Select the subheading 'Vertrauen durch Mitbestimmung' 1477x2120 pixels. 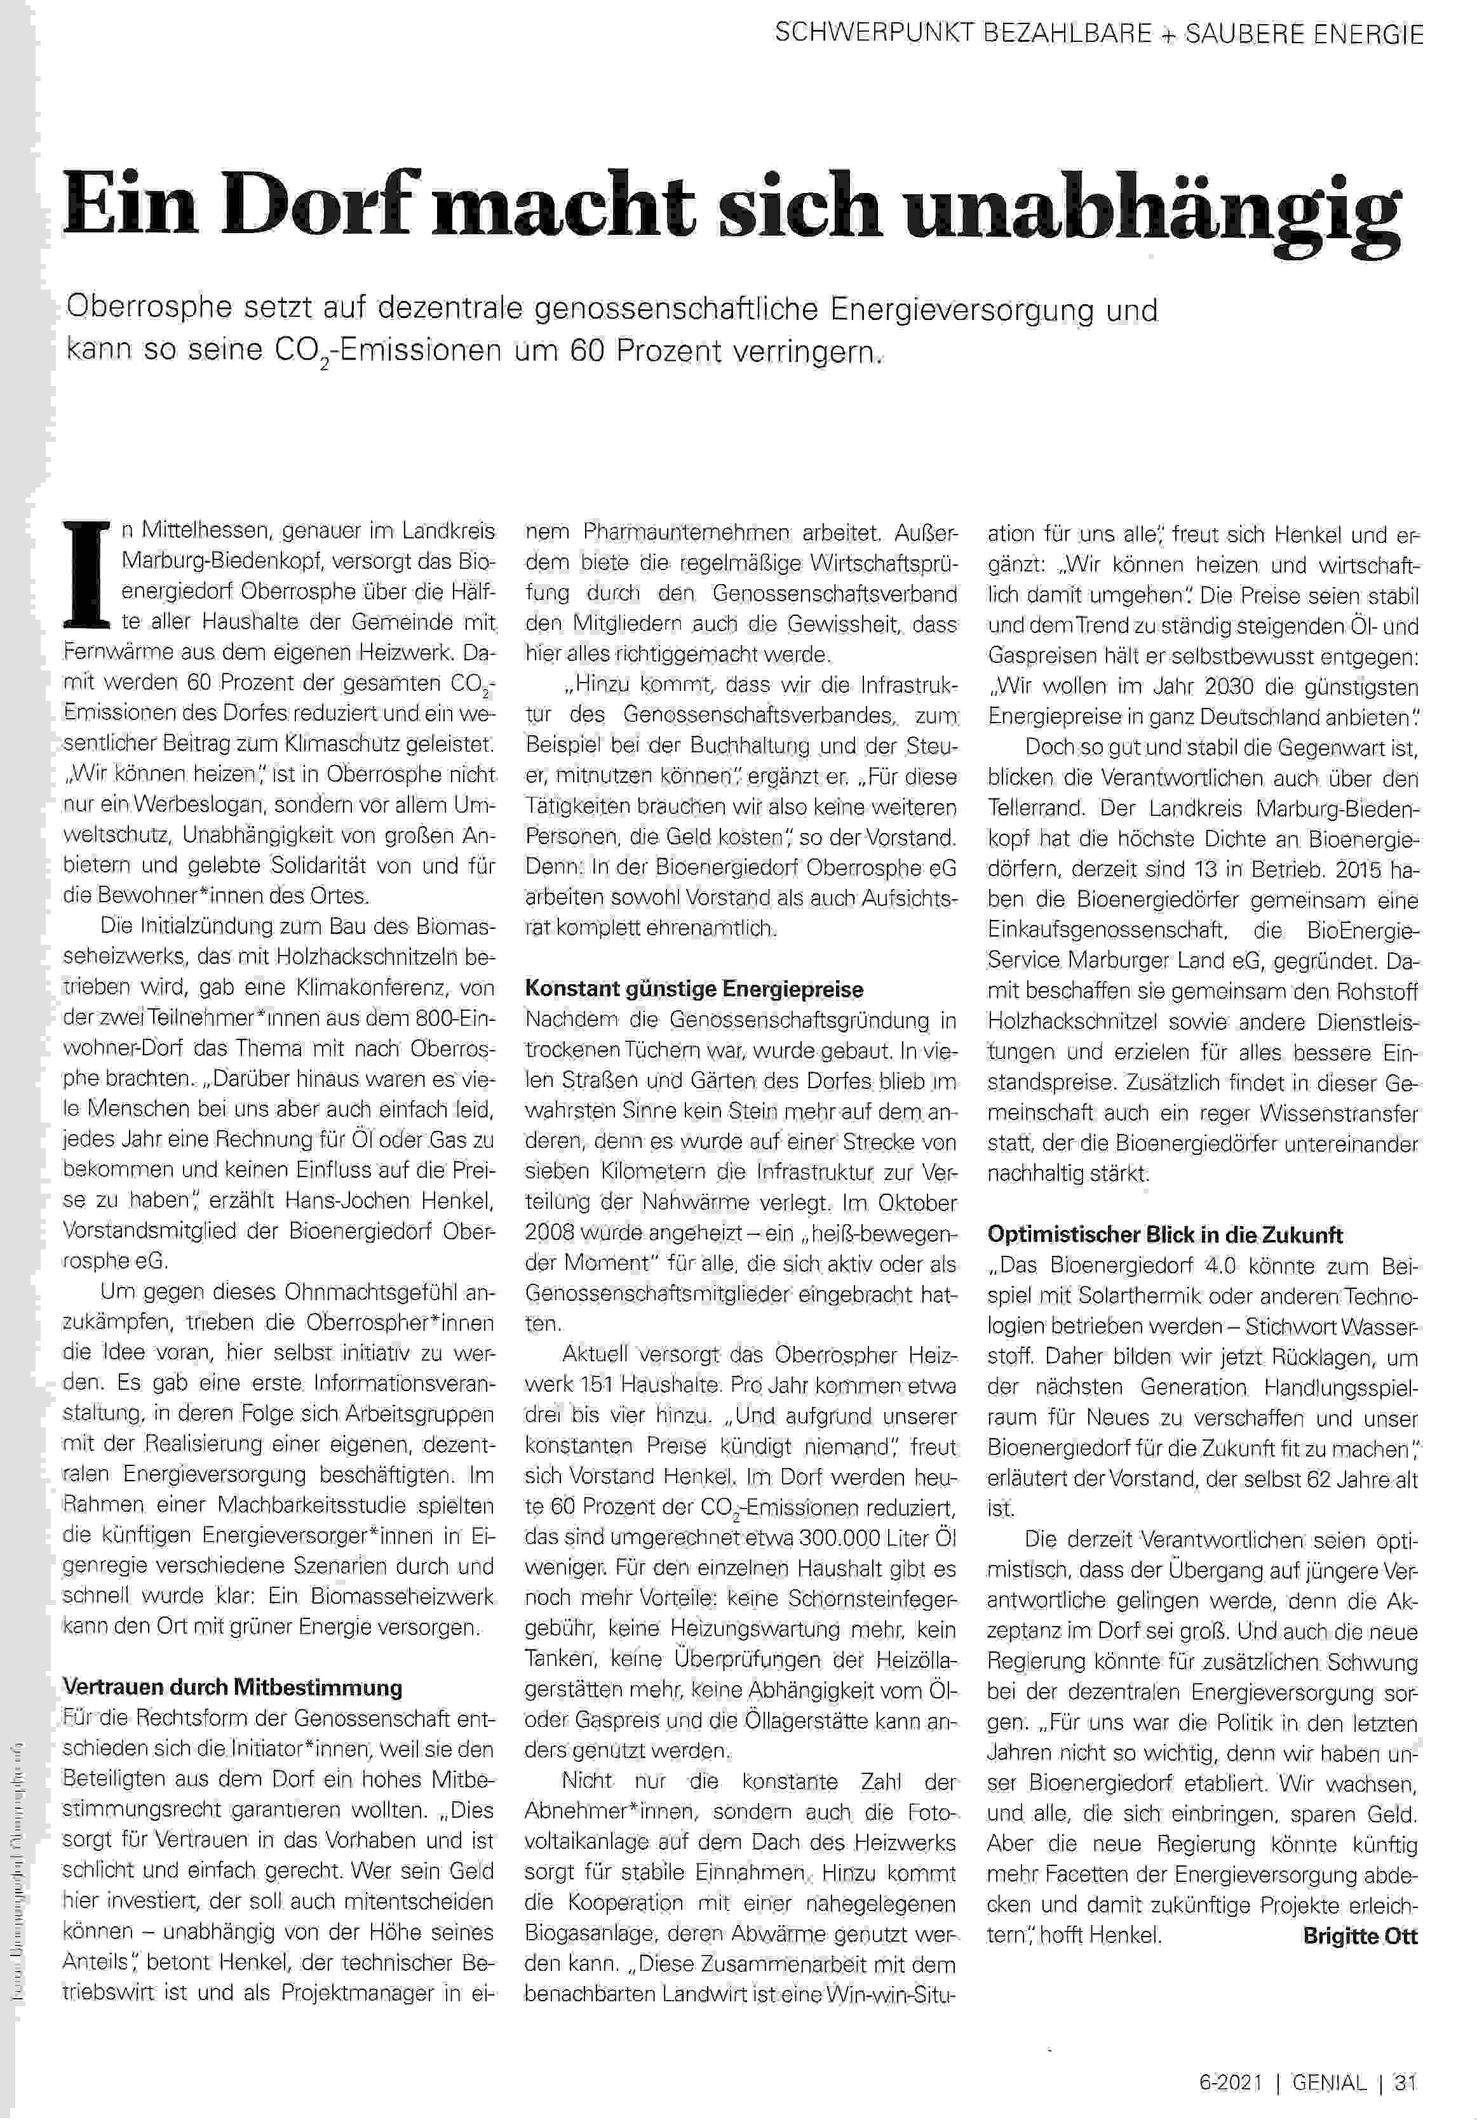232,1687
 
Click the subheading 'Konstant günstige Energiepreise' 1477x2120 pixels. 694,989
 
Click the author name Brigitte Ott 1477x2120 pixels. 1359,1937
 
